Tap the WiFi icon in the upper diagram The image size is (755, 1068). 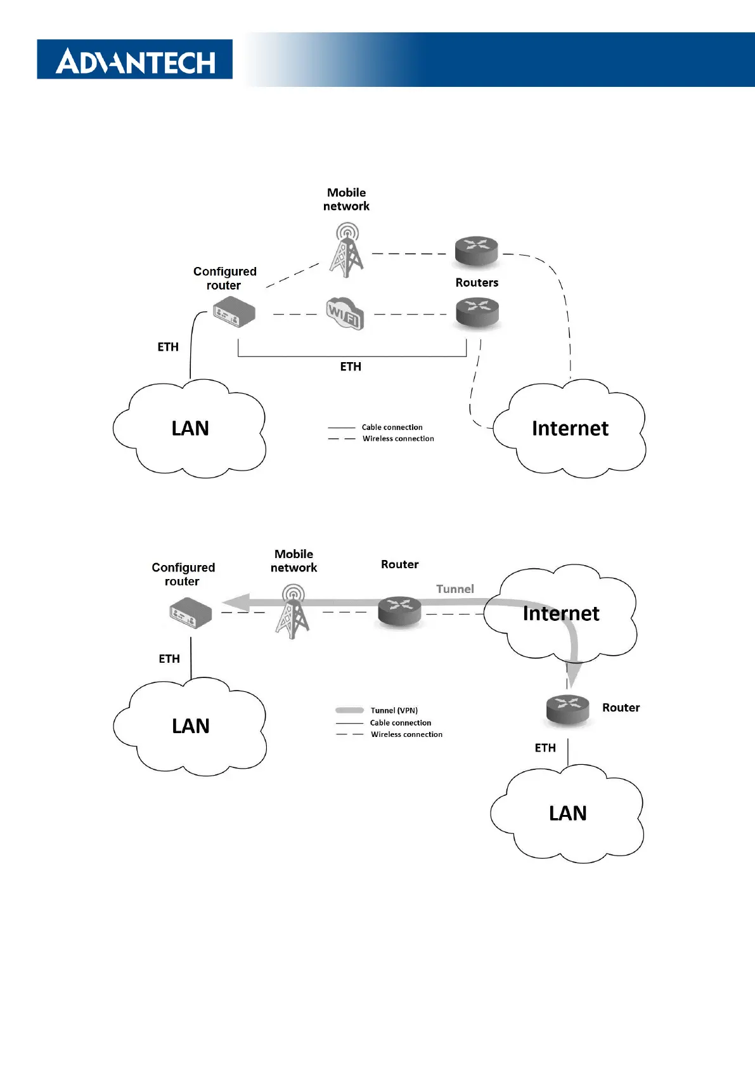345,313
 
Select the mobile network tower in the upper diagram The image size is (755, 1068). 346,250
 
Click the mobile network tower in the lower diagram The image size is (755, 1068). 292,611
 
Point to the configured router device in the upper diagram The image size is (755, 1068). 234,314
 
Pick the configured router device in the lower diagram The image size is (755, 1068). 190,614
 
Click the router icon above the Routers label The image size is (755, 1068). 477,251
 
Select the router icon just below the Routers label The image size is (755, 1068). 477,313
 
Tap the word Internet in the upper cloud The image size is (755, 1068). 570,429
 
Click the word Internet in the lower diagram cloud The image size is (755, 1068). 561,614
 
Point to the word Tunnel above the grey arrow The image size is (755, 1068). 455,589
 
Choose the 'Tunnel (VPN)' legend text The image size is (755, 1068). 394,710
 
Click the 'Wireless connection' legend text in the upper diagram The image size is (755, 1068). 398,439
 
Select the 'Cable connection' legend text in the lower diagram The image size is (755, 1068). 401,723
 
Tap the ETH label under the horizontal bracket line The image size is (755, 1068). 351,367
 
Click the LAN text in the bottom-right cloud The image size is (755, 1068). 567,814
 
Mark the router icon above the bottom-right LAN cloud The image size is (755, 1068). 567,708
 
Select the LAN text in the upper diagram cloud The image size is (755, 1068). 190,429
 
